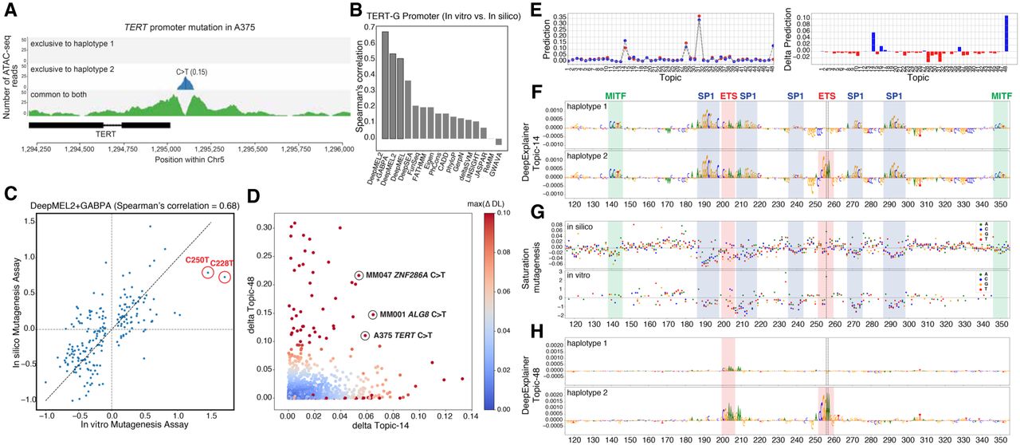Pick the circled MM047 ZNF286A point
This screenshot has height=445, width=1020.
tap(359, 276)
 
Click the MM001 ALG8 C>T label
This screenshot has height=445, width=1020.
tap(413, 315)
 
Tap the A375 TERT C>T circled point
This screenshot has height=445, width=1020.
tap(365, 337)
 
